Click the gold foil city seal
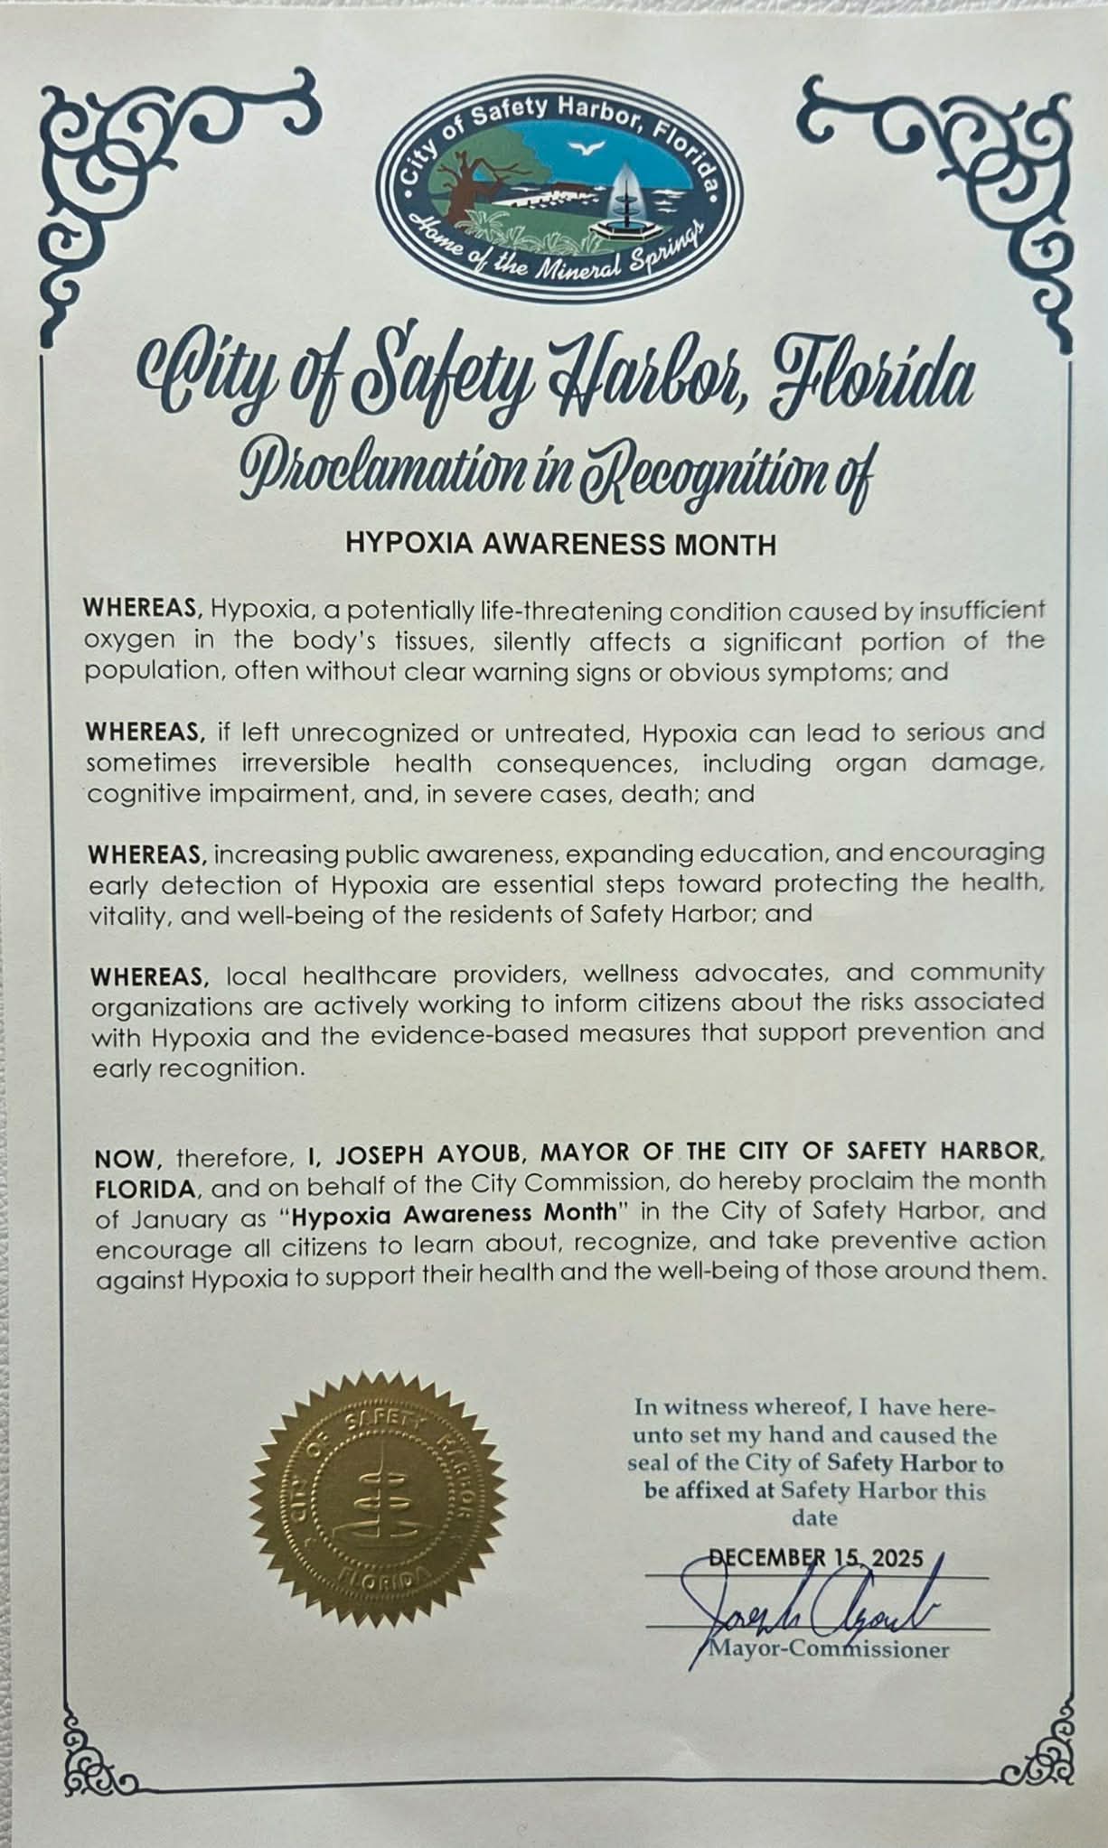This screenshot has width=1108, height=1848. point(378,1506)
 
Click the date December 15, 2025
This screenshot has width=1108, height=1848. point(816,1558)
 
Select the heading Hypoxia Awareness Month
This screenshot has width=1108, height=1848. point(561,545)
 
